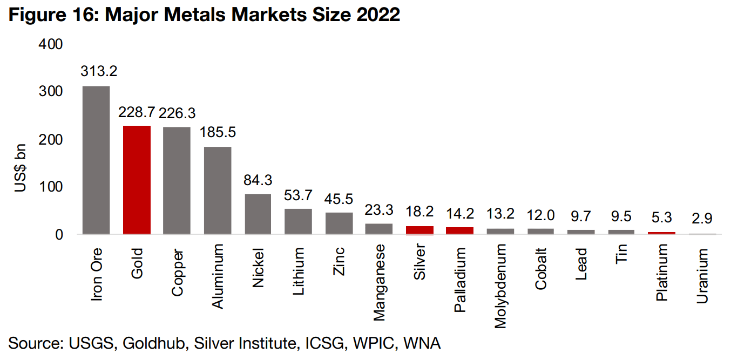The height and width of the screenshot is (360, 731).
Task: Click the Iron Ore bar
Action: point(96,160)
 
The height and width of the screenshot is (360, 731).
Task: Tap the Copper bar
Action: point(177,180)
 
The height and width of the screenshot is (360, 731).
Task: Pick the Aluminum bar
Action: point(217,190)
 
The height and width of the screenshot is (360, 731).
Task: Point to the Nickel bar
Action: point(258,214)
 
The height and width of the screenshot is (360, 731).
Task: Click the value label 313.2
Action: point(99,71)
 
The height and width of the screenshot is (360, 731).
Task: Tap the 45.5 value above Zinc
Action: point(339,199)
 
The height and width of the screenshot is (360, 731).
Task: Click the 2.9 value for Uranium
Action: point(702,219)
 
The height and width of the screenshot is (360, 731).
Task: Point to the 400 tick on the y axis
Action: point(52,44)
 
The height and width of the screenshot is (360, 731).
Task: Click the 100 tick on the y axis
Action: point(52,187)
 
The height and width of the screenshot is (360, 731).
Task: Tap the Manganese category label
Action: point(380,282)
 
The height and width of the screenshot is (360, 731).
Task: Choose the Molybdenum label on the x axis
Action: point(501,286)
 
